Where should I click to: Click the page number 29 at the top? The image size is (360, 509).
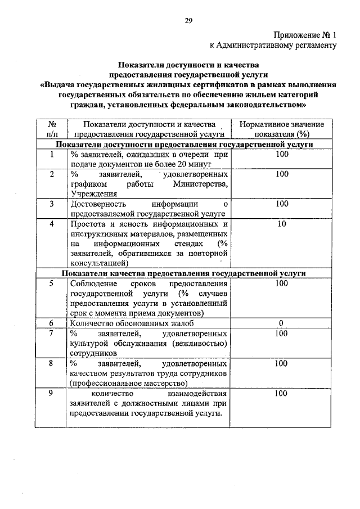[189, 21]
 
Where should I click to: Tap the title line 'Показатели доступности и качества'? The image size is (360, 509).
[188, 65]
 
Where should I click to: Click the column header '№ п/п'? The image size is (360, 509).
[51, 129]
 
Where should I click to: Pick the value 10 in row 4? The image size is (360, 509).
[282, 224]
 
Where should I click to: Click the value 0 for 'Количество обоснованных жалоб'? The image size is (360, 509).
[281, 323]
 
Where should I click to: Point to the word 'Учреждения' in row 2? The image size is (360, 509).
[92, 193]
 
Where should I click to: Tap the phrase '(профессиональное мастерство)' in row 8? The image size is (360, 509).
[128, 384]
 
